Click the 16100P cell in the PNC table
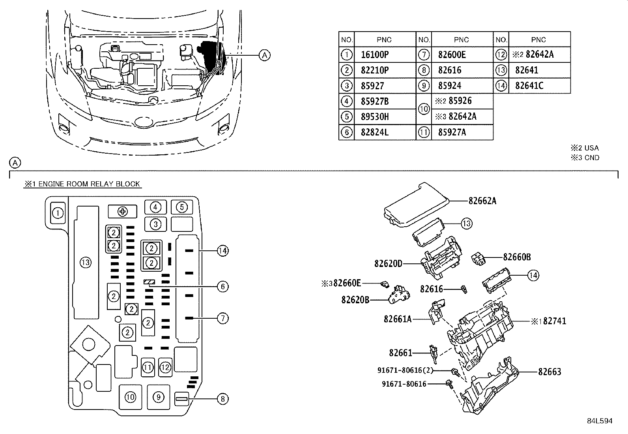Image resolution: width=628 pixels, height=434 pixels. [x=374, y=54]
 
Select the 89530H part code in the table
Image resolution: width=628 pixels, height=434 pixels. [x=374, y=116]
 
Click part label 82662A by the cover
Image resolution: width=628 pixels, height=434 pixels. [x=482, y=201]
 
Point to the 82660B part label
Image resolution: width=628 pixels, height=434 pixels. [x=516, y=257]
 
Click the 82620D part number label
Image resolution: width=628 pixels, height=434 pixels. [x=388, y=263]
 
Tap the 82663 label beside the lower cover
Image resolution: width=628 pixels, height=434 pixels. [x=549, y=372]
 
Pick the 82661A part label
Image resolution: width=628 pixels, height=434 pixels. [x=397, y=319]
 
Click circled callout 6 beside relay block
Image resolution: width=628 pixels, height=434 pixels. [x=222, y=286]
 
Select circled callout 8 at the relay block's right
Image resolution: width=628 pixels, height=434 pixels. [x=222, y=399]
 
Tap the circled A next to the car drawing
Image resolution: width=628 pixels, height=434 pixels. [x=265, y=55]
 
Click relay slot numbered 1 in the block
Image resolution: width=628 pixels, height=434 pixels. [x=58, y=213]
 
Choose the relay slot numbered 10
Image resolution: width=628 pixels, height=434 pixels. [x=130, y=397]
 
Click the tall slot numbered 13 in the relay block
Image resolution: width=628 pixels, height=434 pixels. [x=86, y=262]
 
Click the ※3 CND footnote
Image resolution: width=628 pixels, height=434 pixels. [x=585, y=158]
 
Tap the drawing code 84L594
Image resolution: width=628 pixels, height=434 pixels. [x=599, y=421]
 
